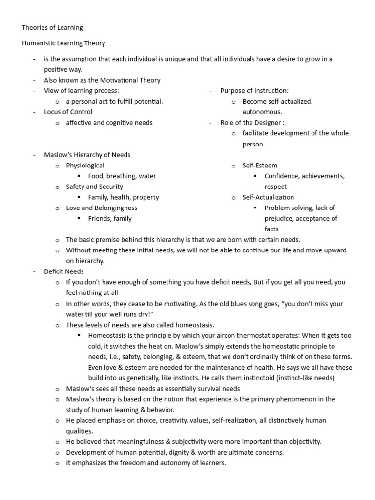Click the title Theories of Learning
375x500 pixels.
point(52,27)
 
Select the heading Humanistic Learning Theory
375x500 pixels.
point(63,43)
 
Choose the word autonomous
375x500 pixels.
point(262,112)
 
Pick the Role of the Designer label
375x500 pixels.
point(252,123)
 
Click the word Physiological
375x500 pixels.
point(85,166)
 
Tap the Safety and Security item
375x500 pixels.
point(94,187)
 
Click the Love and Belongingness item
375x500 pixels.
point(102,208)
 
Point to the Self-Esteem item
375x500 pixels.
point(260,166)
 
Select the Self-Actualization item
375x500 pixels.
point(268,197)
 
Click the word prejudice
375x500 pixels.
point(279,219)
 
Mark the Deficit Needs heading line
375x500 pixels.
point(64,271)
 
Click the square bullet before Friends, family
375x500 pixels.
point(79,219)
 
